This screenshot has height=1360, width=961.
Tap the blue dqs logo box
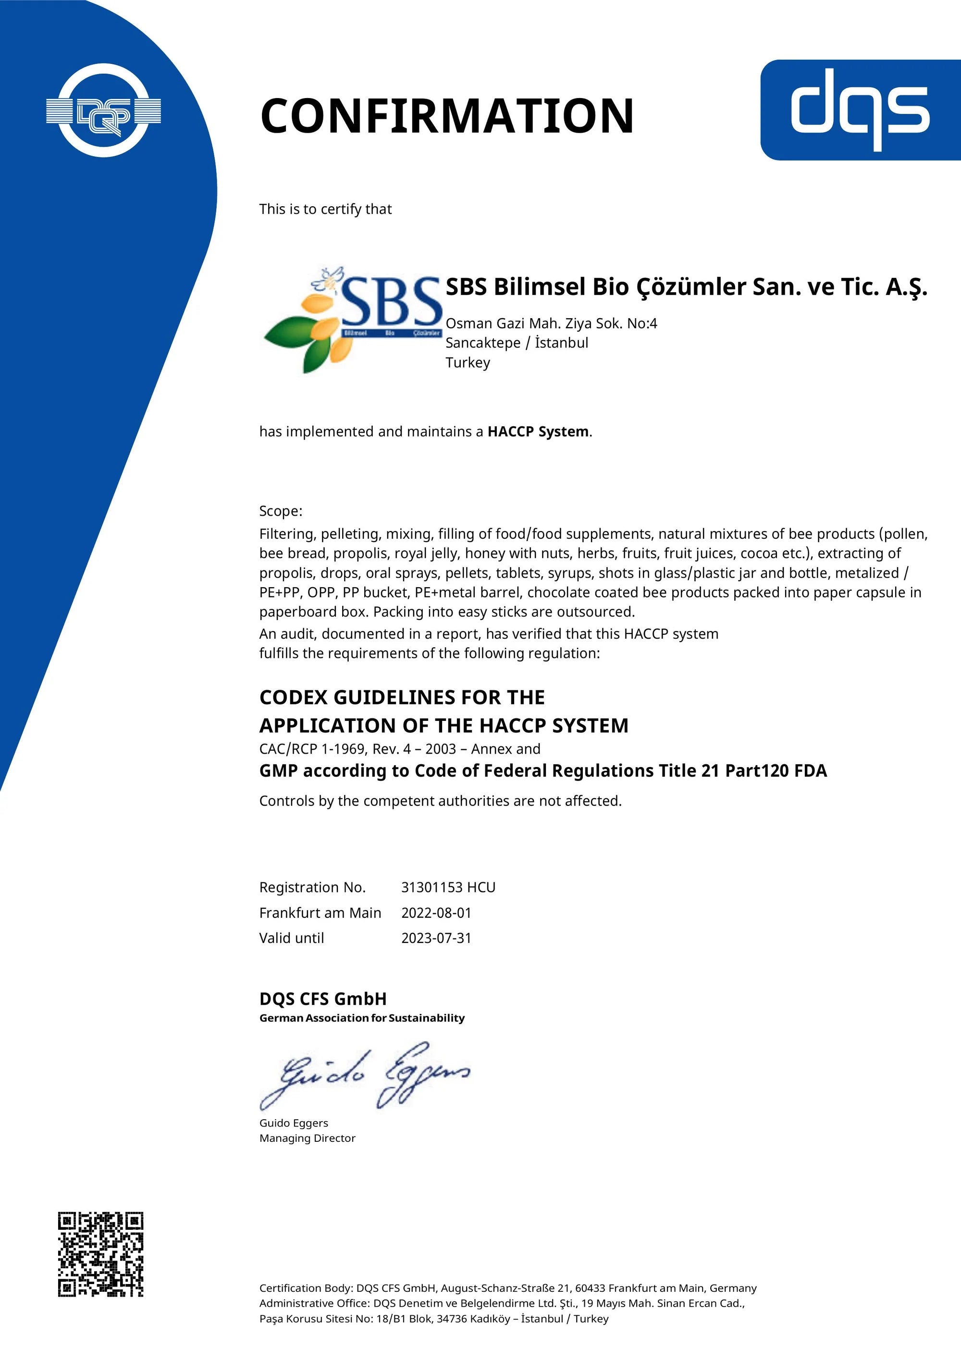coord(860,110)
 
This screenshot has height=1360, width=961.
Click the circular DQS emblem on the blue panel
coord(104,111)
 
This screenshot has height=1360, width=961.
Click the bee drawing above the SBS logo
coord(329,278)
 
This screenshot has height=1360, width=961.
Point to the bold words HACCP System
coord(538,432)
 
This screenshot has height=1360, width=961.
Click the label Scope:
coord(281,511)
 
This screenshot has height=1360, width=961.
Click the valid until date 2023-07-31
coord(436,938)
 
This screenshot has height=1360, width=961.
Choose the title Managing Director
coord(308,1138)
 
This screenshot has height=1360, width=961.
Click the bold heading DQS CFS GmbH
coord(323,999)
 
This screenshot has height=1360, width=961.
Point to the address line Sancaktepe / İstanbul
coord(517,343)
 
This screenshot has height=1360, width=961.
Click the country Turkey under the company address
coord(468,362)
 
